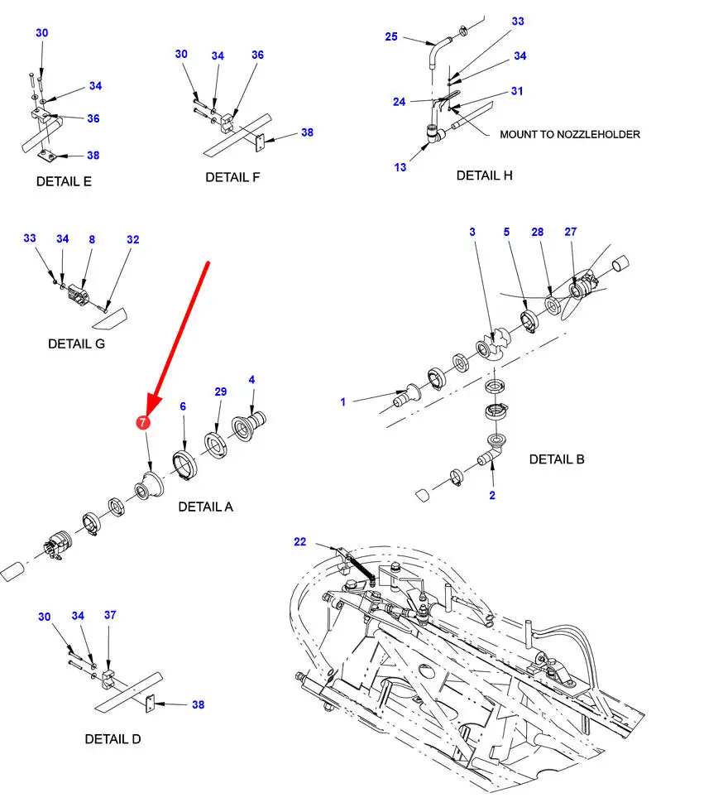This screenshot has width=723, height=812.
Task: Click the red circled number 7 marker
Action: (x=143, y=422)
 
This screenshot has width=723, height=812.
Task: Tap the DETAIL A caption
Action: (x=205, y=507)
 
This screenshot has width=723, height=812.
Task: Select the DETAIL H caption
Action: (x=484, y=175)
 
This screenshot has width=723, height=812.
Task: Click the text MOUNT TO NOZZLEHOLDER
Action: (x=569, y=134)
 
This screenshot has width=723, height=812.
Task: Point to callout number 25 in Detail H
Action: (x=391, y=36)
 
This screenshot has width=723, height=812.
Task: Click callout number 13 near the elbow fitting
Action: (x=400, y=167)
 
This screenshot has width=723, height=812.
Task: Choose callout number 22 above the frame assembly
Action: (x=299, y=542)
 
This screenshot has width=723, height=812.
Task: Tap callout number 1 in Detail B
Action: (x=342, y=402)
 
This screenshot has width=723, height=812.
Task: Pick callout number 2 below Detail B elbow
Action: (x=492, y=496)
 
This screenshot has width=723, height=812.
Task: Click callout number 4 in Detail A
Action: (x=251, y=380)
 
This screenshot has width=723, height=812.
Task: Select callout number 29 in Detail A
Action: (x=220, y=391)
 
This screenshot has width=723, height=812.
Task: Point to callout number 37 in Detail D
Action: (x=110, y=615)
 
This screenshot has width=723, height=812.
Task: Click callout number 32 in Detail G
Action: (x=133, y=239)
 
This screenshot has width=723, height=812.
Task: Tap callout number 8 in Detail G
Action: (x=92, y=239)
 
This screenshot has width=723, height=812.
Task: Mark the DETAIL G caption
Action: (x=76, y=344)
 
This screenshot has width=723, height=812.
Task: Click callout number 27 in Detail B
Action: (x=570, y=232)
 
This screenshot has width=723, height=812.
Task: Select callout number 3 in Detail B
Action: (x=472, y=232)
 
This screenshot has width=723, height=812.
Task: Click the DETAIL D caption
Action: (x=113, y=738)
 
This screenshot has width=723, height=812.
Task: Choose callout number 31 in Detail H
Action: (x=517, y=91)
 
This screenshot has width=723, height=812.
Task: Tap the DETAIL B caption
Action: (x=557, y=459)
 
